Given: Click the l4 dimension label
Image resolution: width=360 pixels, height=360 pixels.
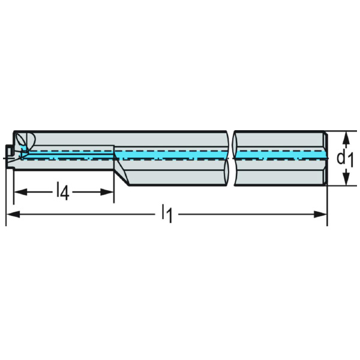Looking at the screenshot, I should (62, 193).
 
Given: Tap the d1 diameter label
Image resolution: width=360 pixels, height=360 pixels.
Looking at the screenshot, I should (344, 158).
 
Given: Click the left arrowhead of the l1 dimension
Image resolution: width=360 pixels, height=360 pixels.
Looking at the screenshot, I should (10, 214).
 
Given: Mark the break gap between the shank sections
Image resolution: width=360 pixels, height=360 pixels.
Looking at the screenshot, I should (231, 157).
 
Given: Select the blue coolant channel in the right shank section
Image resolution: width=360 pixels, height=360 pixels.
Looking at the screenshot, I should (279, 156).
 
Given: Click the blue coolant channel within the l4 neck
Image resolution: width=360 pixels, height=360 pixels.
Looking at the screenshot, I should (66, 155).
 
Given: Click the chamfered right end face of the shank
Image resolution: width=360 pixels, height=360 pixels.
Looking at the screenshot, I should (326, 158).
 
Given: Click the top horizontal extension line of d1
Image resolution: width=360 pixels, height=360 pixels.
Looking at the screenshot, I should (339, 131).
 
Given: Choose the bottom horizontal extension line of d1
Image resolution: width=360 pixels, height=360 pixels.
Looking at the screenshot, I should (339, 186).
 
